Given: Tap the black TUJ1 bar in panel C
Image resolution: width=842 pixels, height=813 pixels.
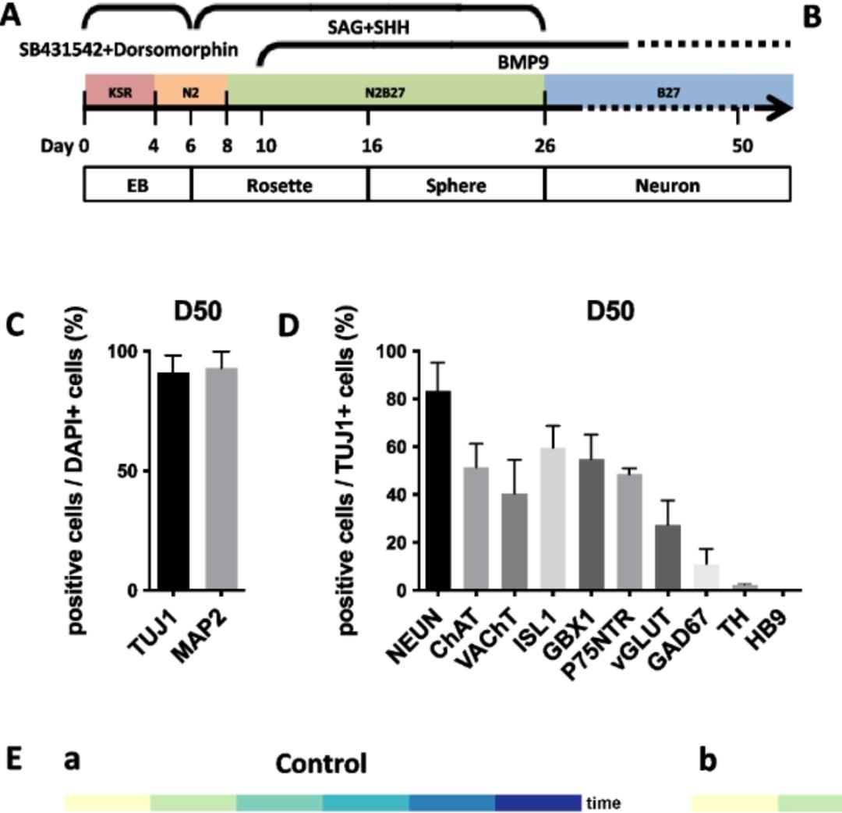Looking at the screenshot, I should click(172, 481).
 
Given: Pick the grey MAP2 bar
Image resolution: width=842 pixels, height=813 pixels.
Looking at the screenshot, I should click(221, 478).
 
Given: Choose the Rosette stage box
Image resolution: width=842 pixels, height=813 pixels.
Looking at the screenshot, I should click(279, 186).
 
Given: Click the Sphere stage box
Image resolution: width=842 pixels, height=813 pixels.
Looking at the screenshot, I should click(456, 186).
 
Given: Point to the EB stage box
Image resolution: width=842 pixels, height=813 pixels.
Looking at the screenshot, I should click(137, 186).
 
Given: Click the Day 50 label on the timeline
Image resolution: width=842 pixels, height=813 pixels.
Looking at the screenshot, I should click(742, 146).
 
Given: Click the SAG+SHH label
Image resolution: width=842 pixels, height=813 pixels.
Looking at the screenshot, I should click(369, 28).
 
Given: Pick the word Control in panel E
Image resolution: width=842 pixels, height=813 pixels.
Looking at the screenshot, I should click(320, 763).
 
